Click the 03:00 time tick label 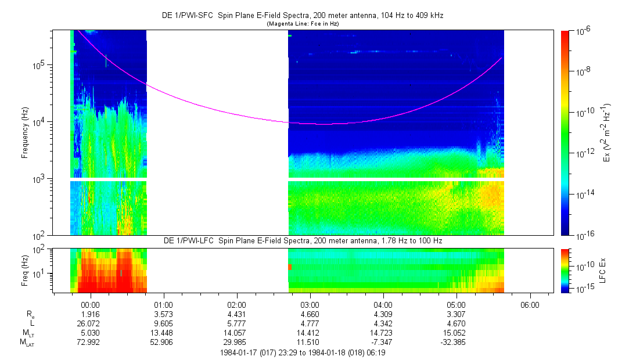coord(310,304)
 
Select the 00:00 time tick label coord(91,304)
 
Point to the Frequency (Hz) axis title coord(25,132)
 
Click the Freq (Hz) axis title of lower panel coord(25,270)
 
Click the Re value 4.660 coord(310,314)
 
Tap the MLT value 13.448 coord(163,332)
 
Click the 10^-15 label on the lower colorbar coord(583,289)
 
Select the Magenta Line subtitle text coord(302,24)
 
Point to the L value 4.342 coord(383,323)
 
